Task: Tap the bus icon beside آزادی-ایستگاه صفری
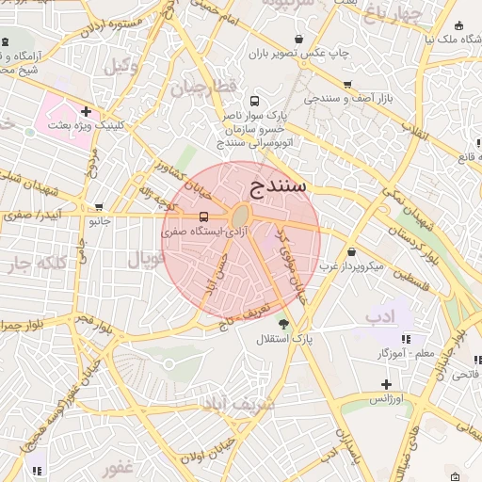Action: pos(205,217)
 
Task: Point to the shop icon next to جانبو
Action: pos(99,208)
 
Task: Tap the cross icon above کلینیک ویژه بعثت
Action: pos(86,111)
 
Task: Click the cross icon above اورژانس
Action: pos(386,384)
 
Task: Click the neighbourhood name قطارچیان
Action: pos(202,88)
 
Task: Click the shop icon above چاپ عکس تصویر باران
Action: pos(298,39)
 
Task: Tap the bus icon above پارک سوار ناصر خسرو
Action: pos(253,101)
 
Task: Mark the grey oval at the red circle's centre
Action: pos(241,214)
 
